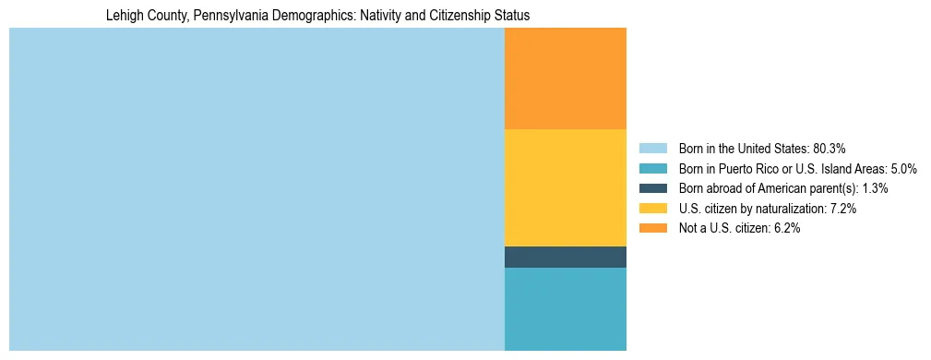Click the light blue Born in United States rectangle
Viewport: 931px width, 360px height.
(257, 189)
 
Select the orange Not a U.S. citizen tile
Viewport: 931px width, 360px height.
(565, 78)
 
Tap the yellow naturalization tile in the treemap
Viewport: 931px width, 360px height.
(565, 187)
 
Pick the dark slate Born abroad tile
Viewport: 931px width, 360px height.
(565, 257)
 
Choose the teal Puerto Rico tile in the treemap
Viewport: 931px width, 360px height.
(565, 308)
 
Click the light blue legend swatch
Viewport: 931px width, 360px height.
(652, 148)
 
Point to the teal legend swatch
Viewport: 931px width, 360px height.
(652, 168)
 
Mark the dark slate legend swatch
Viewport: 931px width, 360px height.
(652, 188)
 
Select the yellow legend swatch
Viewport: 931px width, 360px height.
(652, 209)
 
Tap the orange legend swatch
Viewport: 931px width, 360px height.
(652, 229)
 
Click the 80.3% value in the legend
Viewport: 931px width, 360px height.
(830, 148)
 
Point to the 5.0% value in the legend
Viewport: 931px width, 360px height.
(903, 168)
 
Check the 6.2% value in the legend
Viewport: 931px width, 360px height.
(786, 229)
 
